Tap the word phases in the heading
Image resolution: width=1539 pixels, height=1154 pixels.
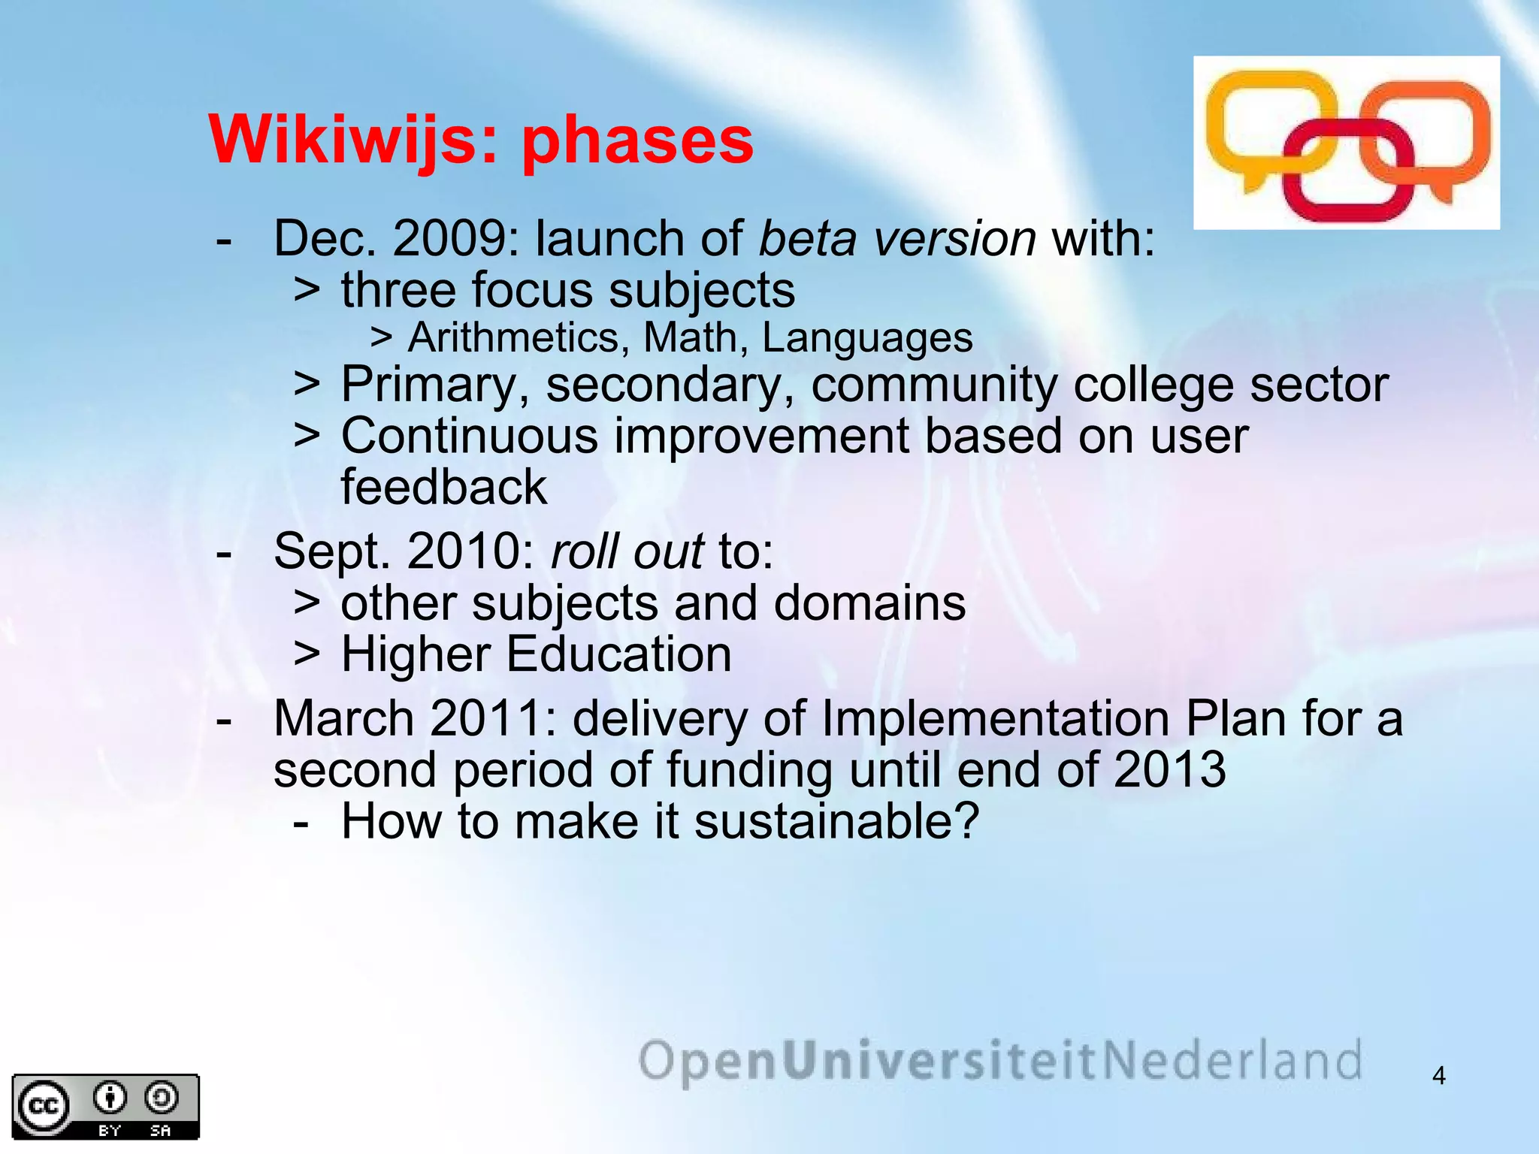[636, 143]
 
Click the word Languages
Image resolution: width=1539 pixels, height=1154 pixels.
[867, 338]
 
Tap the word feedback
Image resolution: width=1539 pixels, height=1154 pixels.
[443, 488]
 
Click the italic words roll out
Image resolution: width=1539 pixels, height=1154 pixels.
[627, 552]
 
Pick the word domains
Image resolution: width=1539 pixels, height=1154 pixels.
[869, 603]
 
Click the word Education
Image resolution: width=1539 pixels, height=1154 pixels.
[618, 654]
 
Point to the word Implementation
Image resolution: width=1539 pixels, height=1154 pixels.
[995, 719]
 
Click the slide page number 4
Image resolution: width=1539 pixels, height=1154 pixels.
[1438, 1076]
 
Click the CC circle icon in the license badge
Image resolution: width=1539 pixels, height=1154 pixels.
[44, 1107]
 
